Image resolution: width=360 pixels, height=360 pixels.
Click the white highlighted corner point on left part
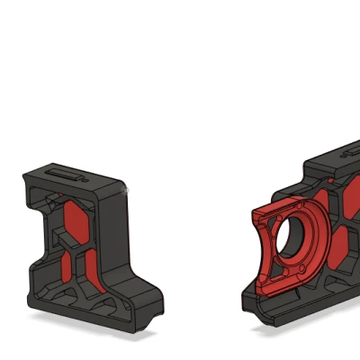click(128, 190)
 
